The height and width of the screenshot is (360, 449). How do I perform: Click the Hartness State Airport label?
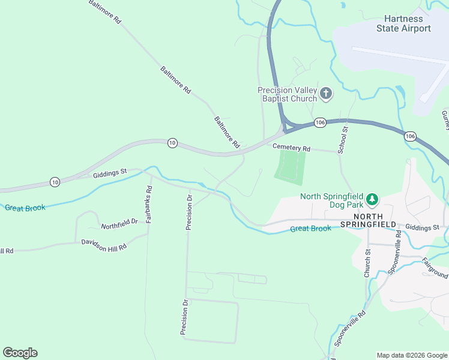coord(403,24)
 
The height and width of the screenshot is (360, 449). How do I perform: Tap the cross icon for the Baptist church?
coord(326,93)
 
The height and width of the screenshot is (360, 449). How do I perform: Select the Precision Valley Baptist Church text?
coord(287,94)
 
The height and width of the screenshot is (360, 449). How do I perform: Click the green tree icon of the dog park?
coord(372,199)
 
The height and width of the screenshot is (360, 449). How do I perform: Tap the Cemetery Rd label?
coord(291,148)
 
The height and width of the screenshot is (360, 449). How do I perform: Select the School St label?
coord(342,140)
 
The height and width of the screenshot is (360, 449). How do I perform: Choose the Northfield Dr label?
coord(119,224)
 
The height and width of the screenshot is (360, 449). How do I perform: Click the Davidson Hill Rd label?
coord(104,244)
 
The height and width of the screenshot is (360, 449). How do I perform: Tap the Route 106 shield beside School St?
coord(320,122)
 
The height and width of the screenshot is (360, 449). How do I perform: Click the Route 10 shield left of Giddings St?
coord(55,182)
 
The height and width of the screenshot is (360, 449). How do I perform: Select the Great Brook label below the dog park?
coord(310,229)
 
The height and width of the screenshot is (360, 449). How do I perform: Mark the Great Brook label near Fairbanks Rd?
coord(25,208)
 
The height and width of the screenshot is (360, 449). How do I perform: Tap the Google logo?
coord(20,353)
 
